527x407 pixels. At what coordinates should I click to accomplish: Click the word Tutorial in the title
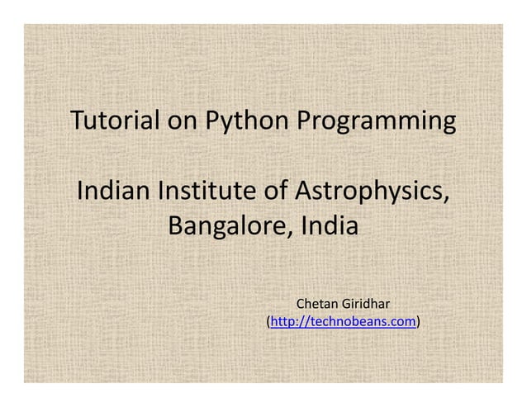coord(116,122)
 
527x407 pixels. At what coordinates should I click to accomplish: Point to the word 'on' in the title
coord(183,122)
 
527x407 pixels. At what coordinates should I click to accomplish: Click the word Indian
coord(112,192)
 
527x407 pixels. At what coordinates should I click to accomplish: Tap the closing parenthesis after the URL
coord(419,322)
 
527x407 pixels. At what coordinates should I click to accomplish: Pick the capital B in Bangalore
coord(176,225)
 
